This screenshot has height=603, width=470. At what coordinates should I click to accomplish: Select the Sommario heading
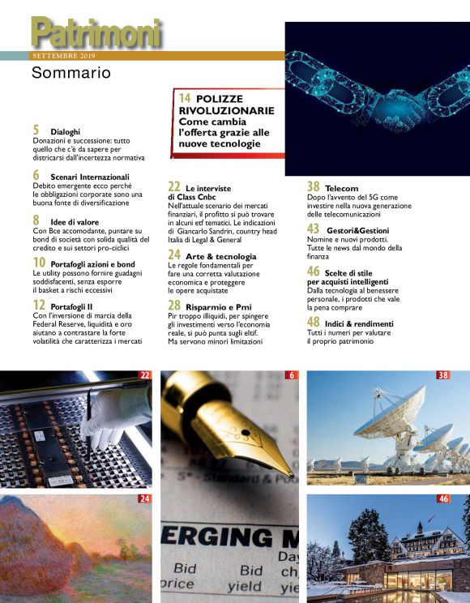click(x=70, y=75)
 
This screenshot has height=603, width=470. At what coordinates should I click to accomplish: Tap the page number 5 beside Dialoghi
click(x=36, y=130)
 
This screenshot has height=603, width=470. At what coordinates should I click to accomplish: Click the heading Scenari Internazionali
click(x=89, y=176)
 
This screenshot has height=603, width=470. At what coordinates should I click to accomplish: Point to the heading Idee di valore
click(x=78, y=220)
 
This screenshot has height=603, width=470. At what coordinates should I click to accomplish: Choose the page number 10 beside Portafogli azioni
click(x=39, y=263)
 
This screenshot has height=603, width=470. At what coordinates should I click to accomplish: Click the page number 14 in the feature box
click(x=185, y=98)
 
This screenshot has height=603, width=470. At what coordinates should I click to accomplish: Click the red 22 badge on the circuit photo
click(x=145, y=375)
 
